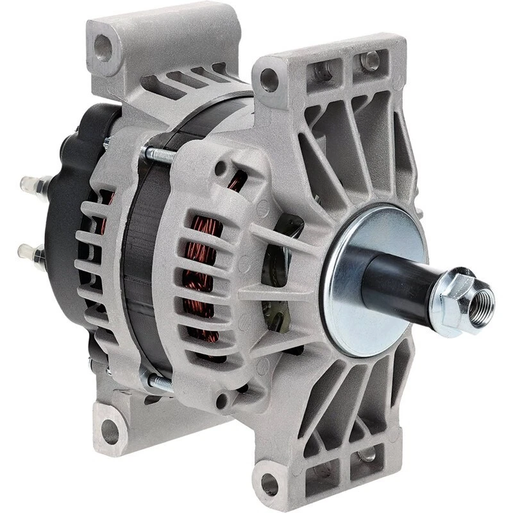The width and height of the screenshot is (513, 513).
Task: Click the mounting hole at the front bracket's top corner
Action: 269,80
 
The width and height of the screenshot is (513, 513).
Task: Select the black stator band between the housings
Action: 138,269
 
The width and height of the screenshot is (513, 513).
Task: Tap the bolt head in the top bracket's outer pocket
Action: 370,62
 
